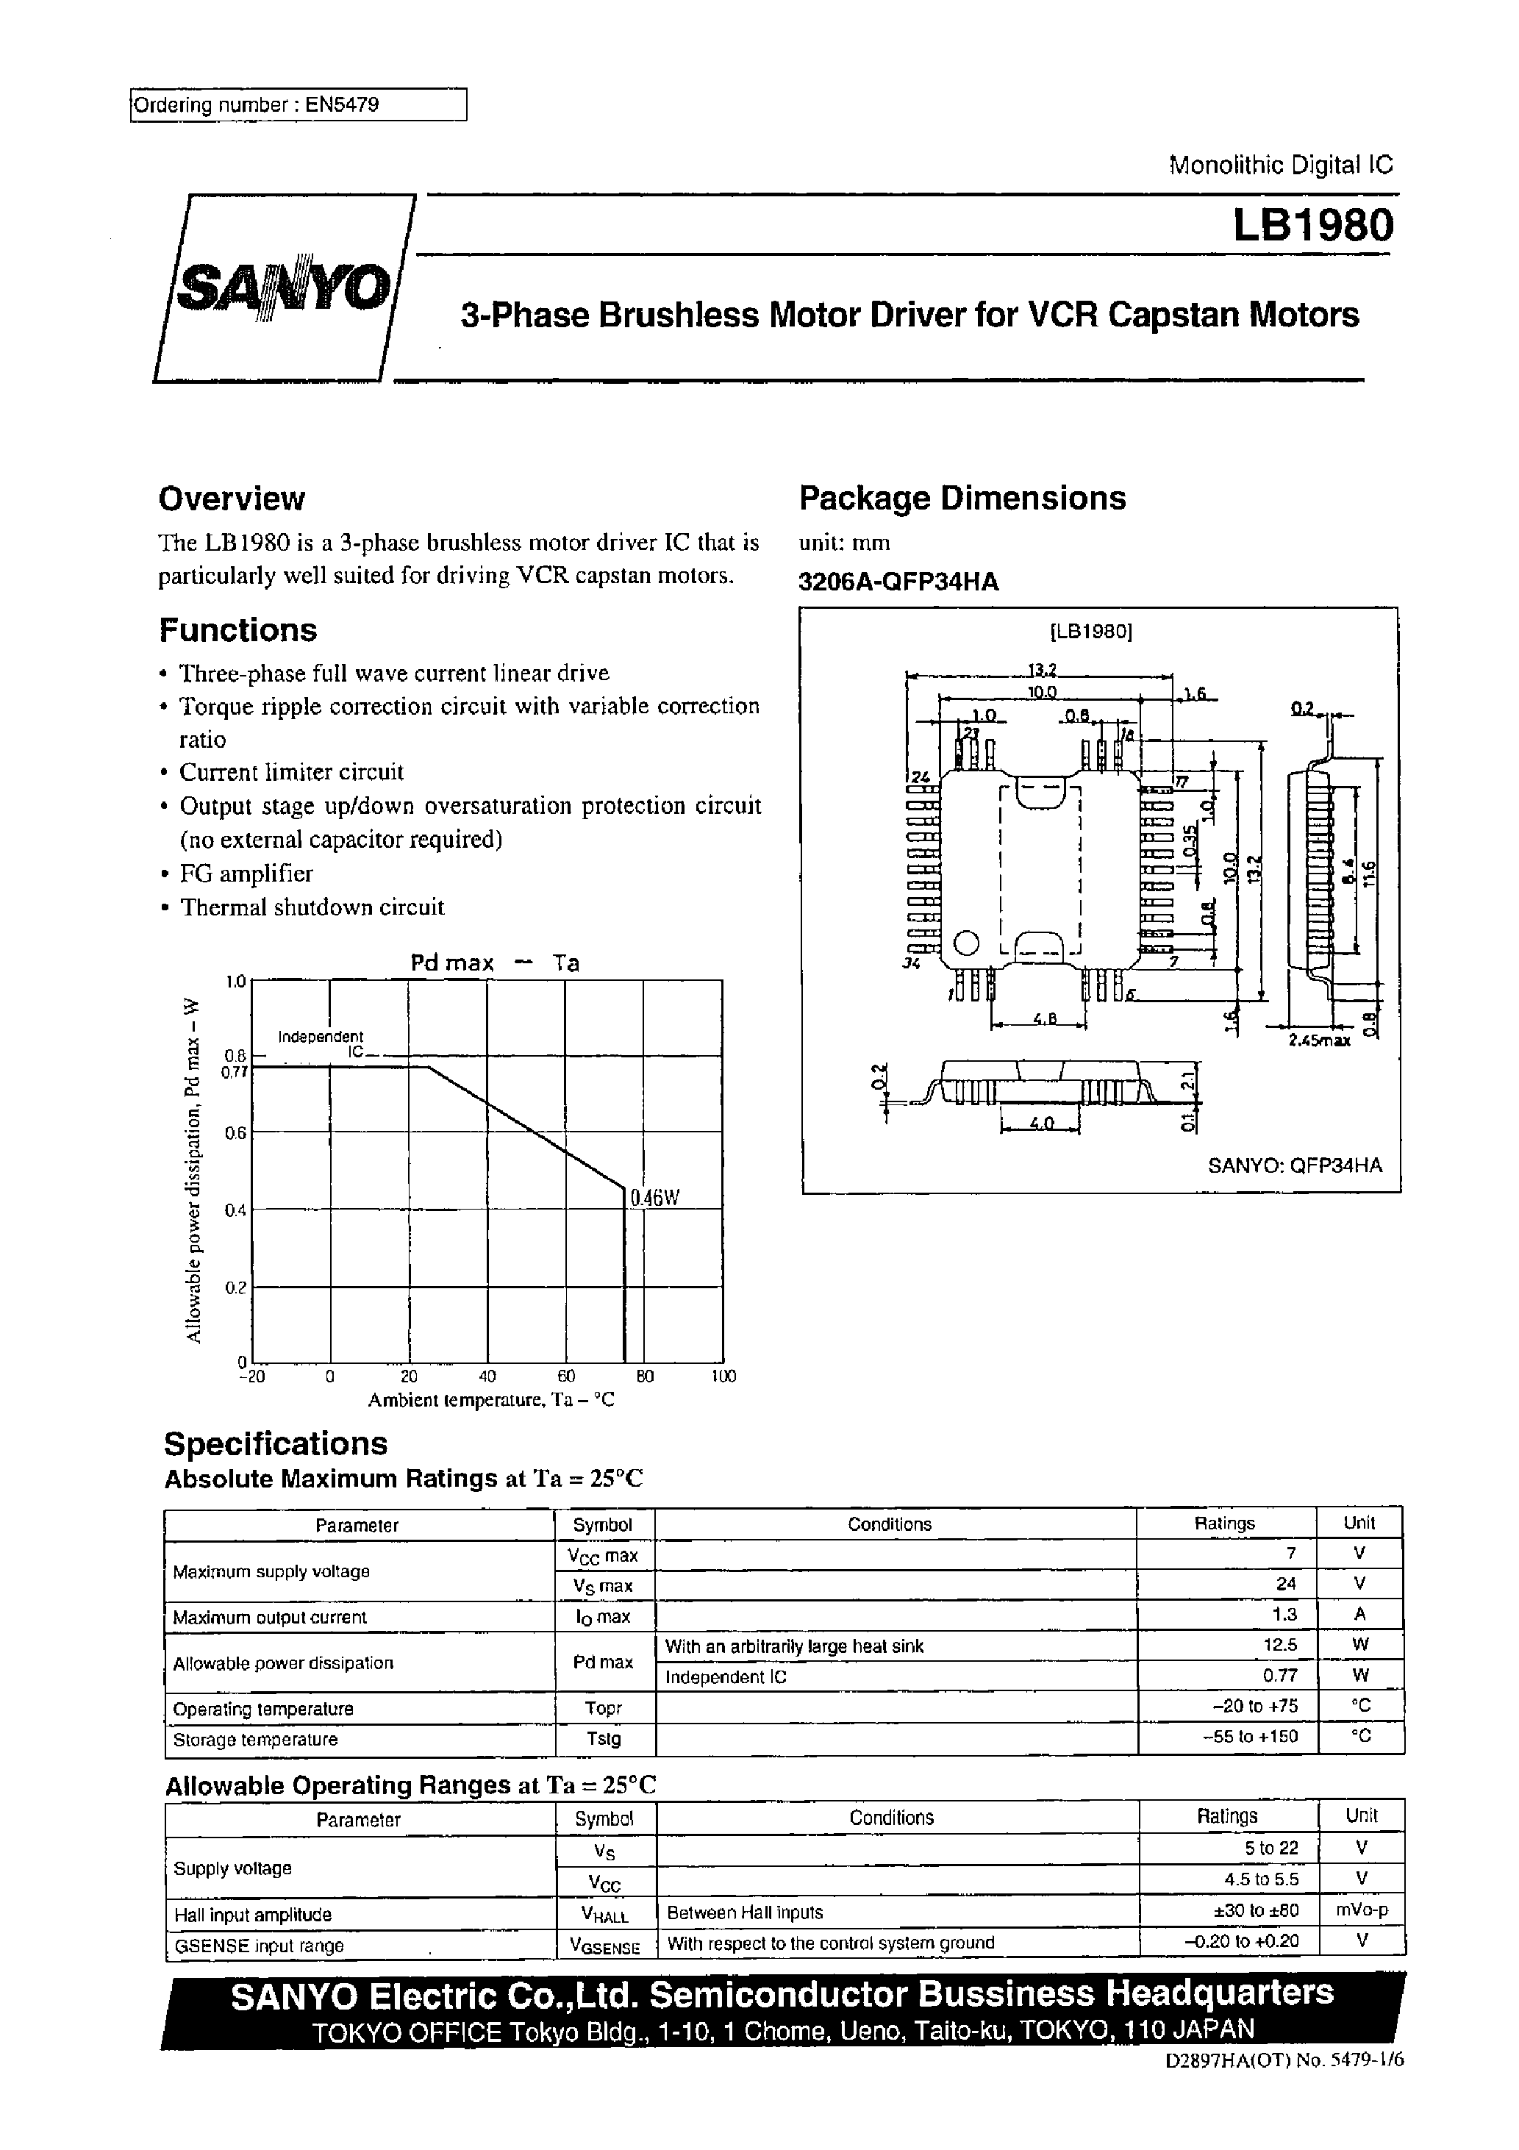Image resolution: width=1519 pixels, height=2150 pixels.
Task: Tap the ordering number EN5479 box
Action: pyautogui.click(x=297, y=105)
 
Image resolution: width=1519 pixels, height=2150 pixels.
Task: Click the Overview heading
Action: pyautogui.click(x=232, y=499)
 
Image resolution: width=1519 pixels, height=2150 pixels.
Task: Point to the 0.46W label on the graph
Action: pyautogui.click(x=654, y=1197)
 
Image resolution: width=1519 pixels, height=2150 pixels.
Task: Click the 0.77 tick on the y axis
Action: pyautogui.click(x=233, y=1072)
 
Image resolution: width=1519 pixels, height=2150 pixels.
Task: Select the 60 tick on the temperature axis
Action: pyautogui.click(x=565, y=1376)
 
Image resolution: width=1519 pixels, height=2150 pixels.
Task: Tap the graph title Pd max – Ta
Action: pyautogui.click(x=495, y=963)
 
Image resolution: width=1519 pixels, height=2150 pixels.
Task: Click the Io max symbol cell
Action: pyautogui.click(x=603, y=1616)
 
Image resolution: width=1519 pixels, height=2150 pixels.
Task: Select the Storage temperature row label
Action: pyautogui.click(x=254, y=1739)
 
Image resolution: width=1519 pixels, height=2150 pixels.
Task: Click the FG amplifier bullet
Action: pyautogui.click(x=246, y=873)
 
